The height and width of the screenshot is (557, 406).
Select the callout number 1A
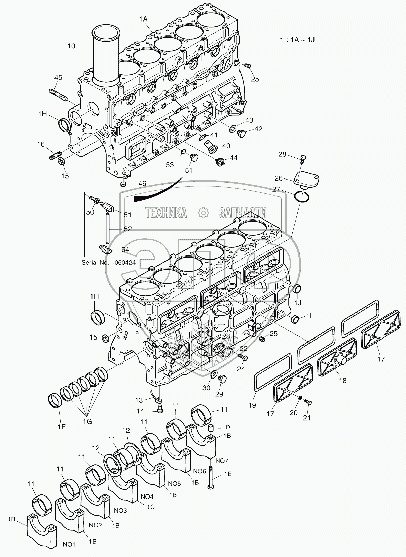pyautogui.click(x=143, y=19)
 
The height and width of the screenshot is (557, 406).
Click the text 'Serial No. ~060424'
pyautogui.click(x=109, y=263)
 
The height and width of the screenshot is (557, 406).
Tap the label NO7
pyautogui.click(x=222, y=460)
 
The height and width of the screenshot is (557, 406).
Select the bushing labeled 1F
pyautogui.click(x=54, y=399)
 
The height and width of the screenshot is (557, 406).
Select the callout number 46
pyautogui.click(x=142, y=184)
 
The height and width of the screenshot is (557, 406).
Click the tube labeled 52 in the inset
pyautogui.click(x=107, y=229)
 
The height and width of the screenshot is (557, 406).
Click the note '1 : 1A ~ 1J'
pyautogui.click(x=297, y=40)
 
